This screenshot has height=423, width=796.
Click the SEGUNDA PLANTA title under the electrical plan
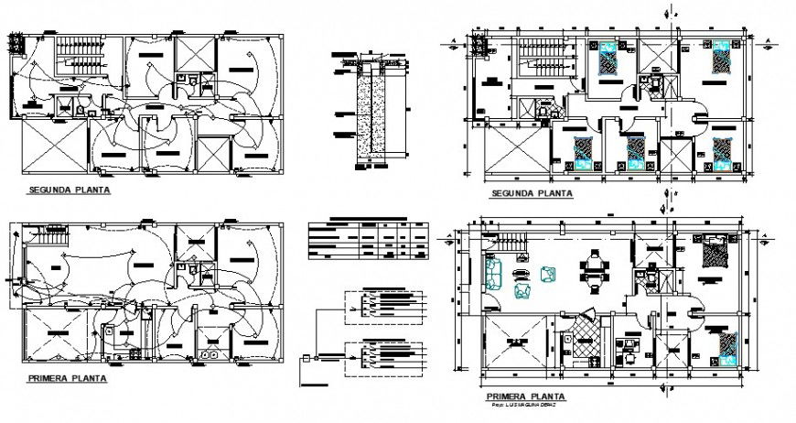click(x=63, y=191)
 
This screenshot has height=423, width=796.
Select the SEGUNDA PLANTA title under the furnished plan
click(x=532, y=193)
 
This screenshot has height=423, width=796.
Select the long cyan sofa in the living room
click(x=493, y=273)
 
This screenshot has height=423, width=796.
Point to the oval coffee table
click(x=522, y=273)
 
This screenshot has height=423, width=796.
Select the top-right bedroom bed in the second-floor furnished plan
click(x=722, y=60)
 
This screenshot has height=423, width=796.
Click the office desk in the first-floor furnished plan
click(x=629, y=345)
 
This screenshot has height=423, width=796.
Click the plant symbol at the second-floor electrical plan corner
click(x=16, y=41)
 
